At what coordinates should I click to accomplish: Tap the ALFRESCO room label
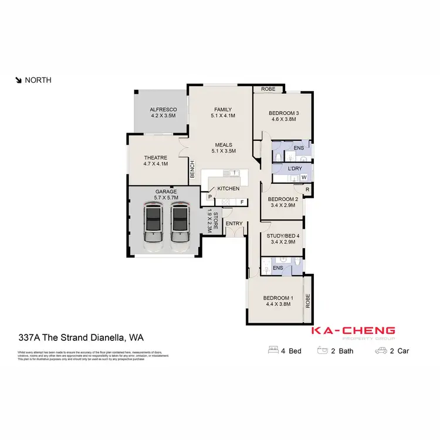164,113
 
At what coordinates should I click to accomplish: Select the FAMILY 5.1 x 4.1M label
223,113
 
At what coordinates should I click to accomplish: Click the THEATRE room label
156,161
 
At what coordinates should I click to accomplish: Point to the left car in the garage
154,225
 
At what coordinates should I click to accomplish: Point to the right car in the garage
181,225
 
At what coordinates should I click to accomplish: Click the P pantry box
209,197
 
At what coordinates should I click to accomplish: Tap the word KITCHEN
228,189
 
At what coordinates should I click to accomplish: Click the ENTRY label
234,224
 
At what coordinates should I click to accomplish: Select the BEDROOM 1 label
278,300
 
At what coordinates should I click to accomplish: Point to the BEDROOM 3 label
284,116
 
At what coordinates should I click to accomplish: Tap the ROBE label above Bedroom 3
268,90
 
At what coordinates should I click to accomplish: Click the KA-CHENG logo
353,333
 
